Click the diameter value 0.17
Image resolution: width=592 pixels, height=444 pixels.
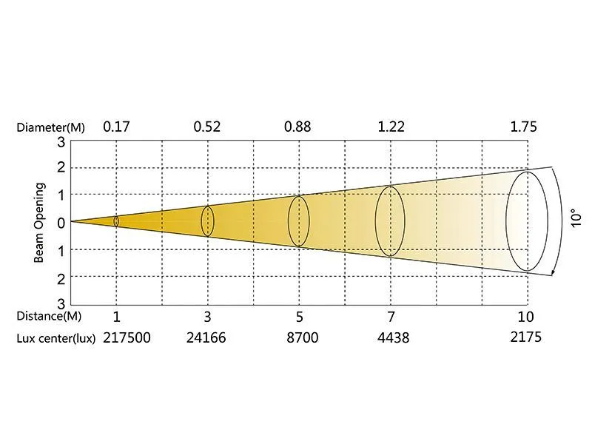pyautogui.click(x=116, y=126)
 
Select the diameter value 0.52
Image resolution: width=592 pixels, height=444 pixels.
pyautogui.click(x=207, y=126)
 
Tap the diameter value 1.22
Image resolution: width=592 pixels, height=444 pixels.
pyautogui.click(x=391, y=126)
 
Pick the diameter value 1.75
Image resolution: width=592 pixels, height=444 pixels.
pyautogui.click(x=523, y=126)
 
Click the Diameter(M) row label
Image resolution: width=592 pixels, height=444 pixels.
pyautogui.click(x=50, y=127)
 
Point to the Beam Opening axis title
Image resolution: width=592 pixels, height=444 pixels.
pyautogui.click(x=39, y=223)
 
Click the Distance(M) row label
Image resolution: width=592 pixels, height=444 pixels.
pyautogui.click(x=49, y=316)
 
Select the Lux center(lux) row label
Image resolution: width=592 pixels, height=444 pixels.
pyautogui.click(x=56, y=338)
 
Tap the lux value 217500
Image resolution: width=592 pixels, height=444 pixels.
pyautogui.click(x=127, y=337)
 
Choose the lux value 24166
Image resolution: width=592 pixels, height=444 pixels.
pyautogui.click(x=206, y=337)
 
